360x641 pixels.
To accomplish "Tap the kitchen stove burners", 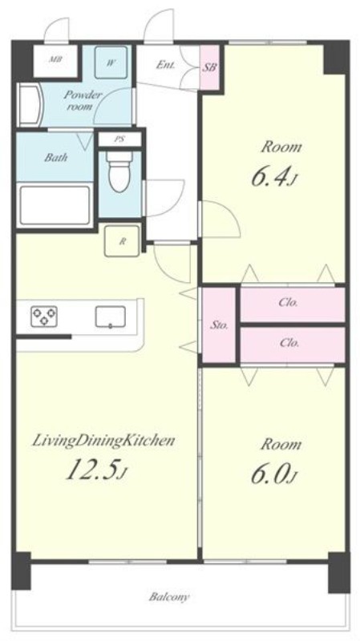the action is click(44, 316).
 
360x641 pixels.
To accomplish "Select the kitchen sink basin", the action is click(110, 316).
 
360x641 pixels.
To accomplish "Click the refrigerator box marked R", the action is click(122, 241).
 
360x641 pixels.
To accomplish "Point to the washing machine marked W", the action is click(111, 62).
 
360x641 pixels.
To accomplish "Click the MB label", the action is click(55, 59).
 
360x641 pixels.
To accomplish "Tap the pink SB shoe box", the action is click(209, 68).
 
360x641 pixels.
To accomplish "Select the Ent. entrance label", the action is click(165, 65).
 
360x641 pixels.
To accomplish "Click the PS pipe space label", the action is click(119, 139).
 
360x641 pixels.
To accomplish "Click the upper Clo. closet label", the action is click(289, 303).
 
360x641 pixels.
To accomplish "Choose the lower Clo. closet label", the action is click(289, 343).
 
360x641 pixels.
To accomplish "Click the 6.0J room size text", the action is click(273, 476).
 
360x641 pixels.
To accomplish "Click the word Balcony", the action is click(169, 597).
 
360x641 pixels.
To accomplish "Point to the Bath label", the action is click(55, 157).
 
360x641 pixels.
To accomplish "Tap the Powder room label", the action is click(82, 100).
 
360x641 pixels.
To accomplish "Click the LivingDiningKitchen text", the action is click(103, 441).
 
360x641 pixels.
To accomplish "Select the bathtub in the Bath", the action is click(55, 206).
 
